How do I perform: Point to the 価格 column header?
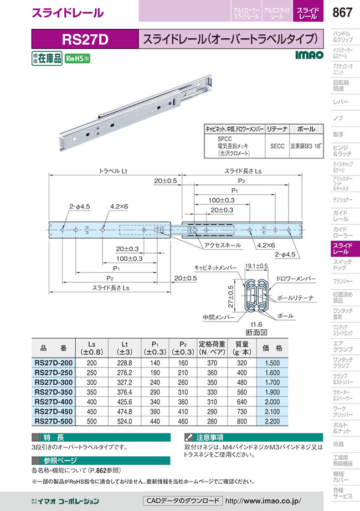(x=271, y=349)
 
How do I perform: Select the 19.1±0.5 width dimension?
(x=257, y=266)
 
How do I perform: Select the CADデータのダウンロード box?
(x=182, y=500)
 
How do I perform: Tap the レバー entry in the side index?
(x=338, y=102)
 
